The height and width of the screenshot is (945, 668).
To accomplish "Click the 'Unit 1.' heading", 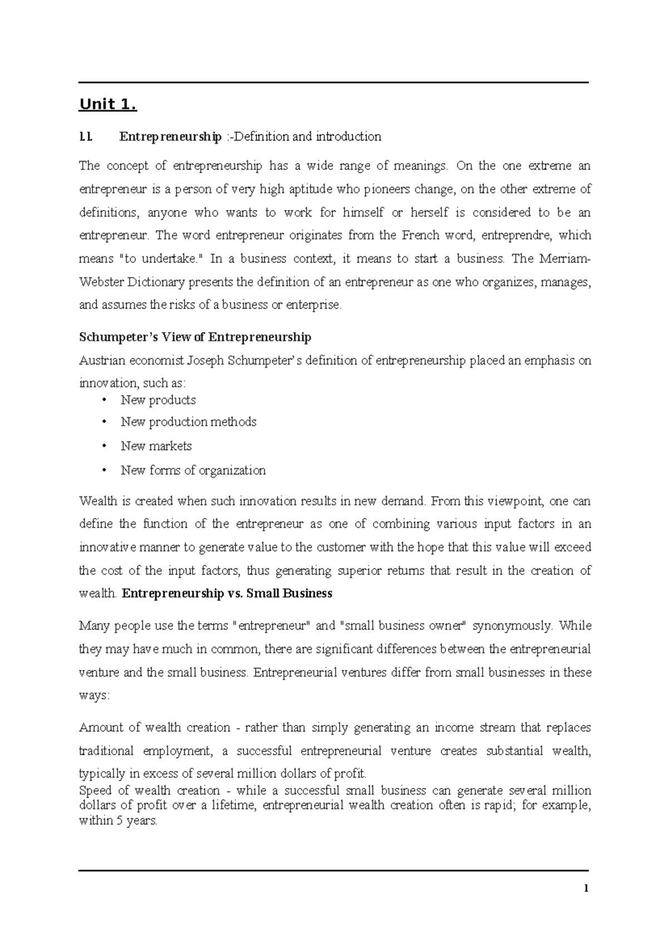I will (107, 105).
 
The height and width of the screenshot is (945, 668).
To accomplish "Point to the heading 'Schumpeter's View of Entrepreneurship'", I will (195, 338).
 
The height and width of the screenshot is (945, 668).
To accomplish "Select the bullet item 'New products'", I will (158, 400).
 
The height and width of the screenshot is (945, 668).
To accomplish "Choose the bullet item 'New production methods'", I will (188, 422).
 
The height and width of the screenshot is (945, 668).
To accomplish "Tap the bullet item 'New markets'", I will (156, 446).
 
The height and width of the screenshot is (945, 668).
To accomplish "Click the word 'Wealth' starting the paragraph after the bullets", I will (98, 501).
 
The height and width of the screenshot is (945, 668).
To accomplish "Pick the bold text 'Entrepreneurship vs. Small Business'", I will (227, 594).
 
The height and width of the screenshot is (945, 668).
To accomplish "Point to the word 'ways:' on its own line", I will (95, 696).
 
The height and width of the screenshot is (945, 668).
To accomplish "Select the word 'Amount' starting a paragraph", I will (101, 728).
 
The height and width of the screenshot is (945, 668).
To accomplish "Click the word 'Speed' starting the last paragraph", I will (95, 791).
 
